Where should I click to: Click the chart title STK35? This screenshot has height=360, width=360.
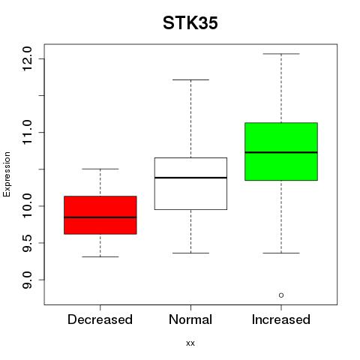coord(190,23)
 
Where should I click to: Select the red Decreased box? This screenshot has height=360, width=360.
coord(100,215)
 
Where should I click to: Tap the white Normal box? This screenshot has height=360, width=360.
coord(190,184)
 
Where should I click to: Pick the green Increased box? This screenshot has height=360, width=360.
coord(281,151)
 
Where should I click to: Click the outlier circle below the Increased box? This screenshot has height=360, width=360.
coord(281,295)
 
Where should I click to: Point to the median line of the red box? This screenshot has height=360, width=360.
coord(100,217)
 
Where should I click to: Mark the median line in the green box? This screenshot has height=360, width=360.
coord(281,152)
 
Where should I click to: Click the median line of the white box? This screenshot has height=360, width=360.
coord(190,178)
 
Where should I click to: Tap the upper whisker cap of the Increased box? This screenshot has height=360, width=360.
coord(281,54)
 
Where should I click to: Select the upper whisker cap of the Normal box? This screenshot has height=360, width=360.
coord(190,79)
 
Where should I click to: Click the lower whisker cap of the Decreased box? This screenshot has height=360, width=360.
coord(100,256)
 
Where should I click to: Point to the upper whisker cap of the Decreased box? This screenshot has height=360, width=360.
coord(100,169)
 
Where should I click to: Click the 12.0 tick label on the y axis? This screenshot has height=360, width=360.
coord(27,59)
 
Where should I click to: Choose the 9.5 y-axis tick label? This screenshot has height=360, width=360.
coord(27,243)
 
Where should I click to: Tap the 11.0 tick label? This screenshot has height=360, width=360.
coord(27,132)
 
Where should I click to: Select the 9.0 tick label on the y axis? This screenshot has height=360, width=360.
coord(27,280)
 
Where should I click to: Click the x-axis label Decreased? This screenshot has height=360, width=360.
coord(100,319)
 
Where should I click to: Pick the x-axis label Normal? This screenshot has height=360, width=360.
coord(190,319)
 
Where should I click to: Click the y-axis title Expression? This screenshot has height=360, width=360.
coord(7,174)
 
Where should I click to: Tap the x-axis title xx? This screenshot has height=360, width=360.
coord(190,343)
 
